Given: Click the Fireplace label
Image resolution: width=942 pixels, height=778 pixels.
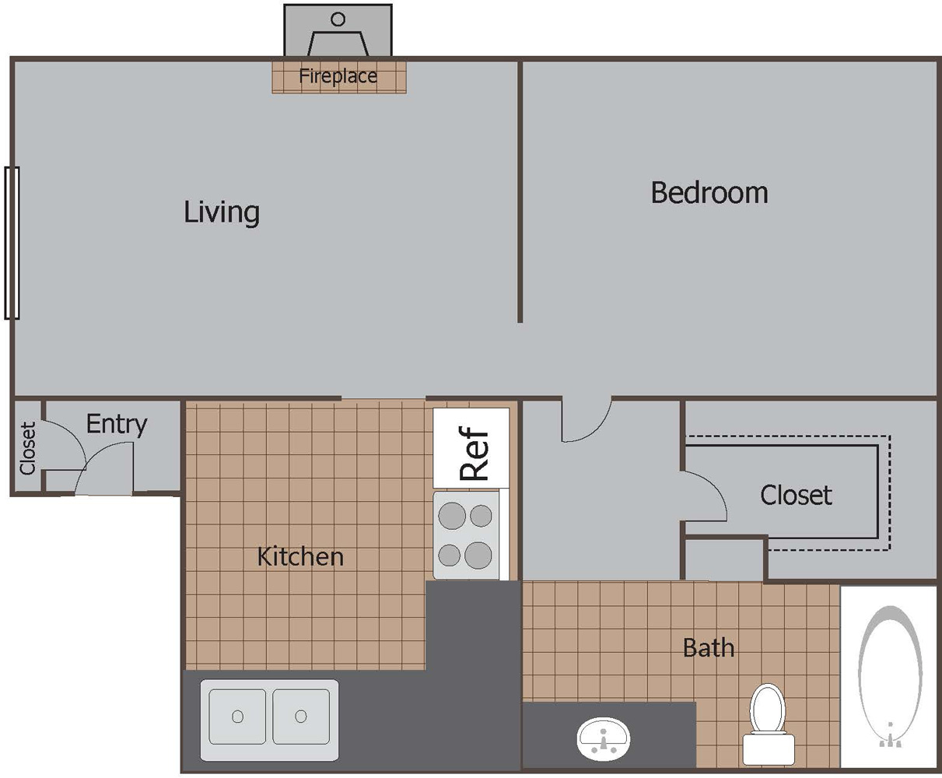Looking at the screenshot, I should point(338,76).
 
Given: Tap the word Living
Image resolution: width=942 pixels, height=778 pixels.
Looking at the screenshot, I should point(222,212).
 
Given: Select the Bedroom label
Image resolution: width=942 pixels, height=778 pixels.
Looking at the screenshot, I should point(709,192).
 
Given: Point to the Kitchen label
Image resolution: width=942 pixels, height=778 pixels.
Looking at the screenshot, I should point(300,556).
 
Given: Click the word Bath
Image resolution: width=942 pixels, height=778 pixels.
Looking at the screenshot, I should point(708,647).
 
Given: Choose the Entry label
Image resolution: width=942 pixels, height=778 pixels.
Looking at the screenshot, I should point(117,424).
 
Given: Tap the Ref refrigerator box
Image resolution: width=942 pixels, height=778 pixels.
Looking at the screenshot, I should point(471,449).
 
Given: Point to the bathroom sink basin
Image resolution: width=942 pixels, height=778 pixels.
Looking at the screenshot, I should point(604,736).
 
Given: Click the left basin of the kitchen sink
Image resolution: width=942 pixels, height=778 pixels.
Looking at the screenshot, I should point(237,717).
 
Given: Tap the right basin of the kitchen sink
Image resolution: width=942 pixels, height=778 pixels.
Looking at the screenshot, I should point(301,717).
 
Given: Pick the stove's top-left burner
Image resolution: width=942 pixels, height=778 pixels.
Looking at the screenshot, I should point(452,515).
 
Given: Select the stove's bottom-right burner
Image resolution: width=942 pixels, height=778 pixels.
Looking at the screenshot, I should point(480,555).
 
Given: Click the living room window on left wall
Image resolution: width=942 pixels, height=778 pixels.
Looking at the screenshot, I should point(12,243).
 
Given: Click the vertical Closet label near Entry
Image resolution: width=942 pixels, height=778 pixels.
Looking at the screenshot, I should point(28,448).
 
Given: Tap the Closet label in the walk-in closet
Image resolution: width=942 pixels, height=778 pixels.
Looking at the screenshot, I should point(796,495).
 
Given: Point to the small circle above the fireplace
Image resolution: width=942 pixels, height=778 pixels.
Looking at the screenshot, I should point(338,19).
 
